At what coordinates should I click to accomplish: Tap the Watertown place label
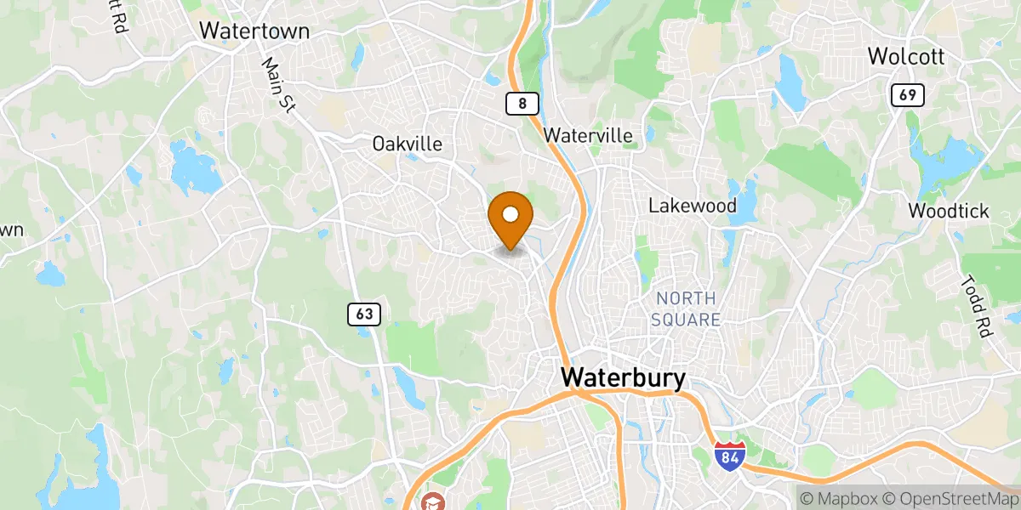tap(254, 31)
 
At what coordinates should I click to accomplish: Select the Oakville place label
tap(408, 144)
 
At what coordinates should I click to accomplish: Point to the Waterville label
tap(589, 135)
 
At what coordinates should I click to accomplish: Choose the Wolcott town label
tap(907, 57)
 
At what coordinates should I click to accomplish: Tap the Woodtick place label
tap(949, 211)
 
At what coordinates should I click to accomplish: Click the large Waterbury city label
tap(623, 378)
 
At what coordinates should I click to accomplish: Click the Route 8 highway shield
tap(522, 104)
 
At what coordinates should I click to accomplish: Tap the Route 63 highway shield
tap(364, 314)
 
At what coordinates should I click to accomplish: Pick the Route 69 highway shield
tap(908, 95)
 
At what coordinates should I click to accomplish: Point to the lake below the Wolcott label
tap(790, 85)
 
